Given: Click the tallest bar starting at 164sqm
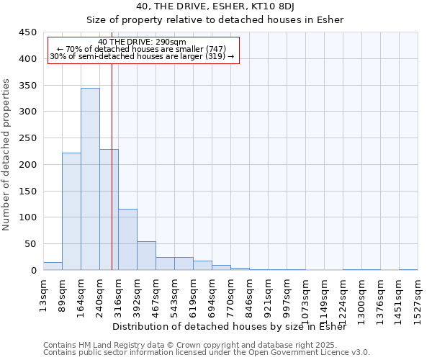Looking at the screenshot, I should pyautogui.click(x=90, y=179).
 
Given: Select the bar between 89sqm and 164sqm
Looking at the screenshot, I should pyautogui.click(x=71, y=212).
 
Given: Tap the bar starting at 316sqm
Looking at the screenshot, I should pyautogui.click(x=127, y=240).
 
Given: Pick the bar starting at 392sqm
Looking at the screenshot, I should pyautogui.click(x=146, y=256).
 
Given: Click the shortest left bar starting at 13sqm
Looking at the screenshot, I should pyautogui.click(x=53, y=266).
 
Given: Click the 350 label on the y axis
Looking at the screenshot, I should pyautogui.click(x=28, y=86).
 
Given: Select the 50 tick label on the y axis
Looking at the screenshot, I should pyautogui.click(x=31, y=244).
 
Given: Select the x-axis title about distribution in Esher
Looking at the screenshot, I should pyautogui.click(x=230, y=327).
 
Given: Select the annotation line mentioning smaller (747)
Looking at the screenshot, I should pyautogui.click(x=142, y=49).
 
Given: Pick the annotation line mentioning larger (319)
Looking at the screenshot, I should pyautogui.click(x=142, y=56).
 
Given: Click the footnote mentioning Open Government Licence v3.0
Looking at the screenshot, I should pyautogui.click(x=207, y=352).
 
